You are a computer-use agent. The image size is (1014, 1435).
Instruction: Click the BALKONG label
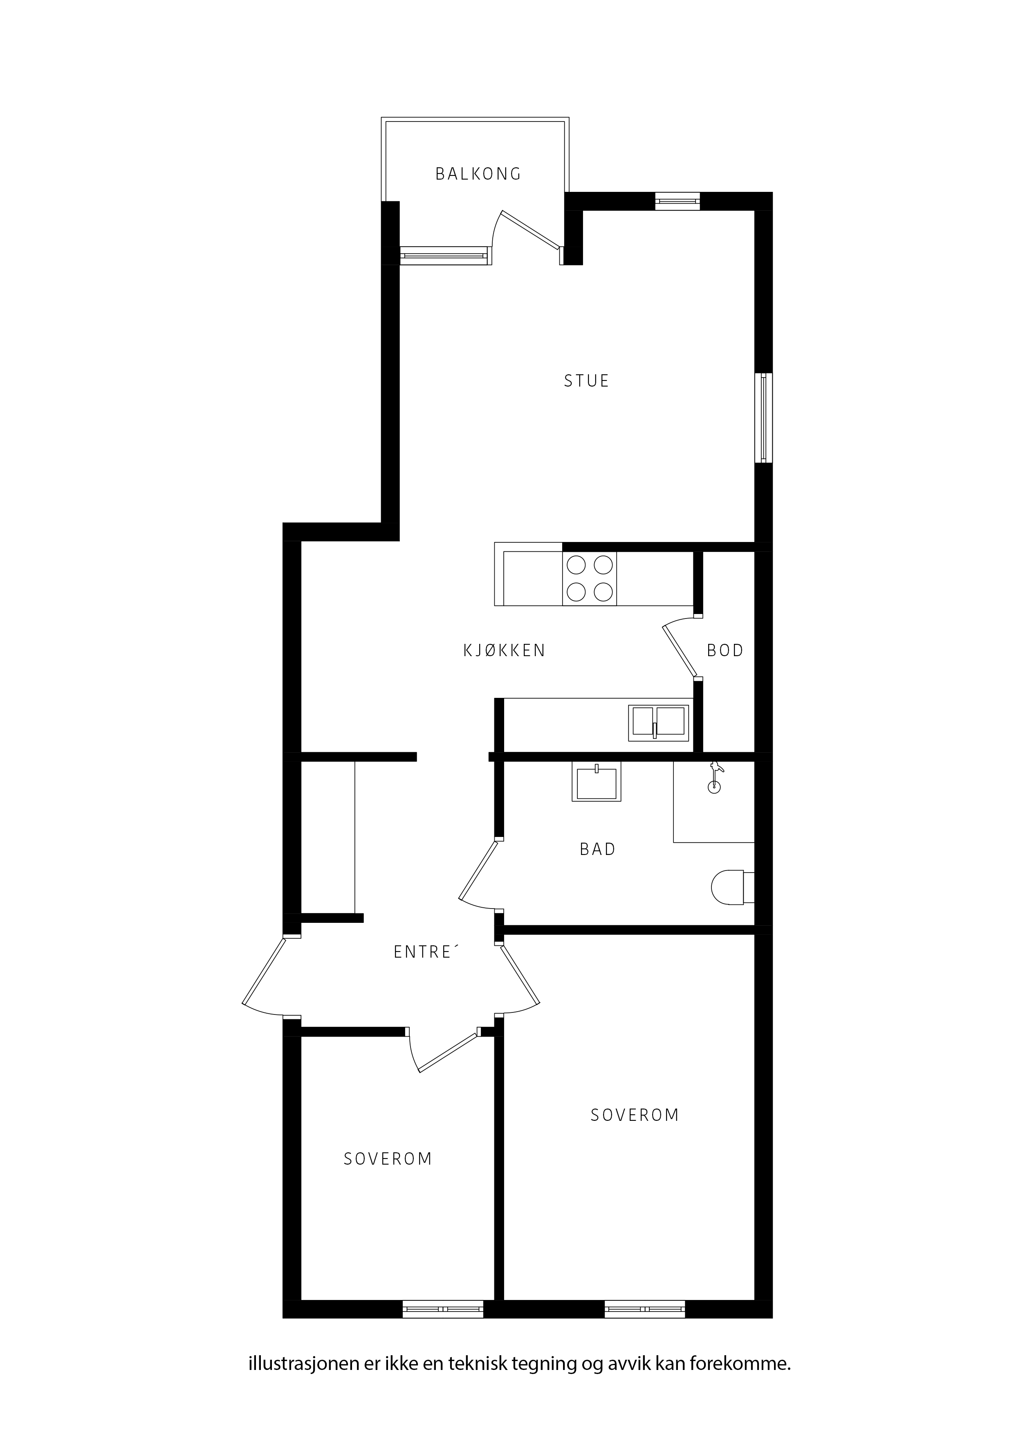[478, 174]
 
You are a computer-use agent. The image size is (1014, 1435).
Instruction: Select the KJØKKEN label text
[504, 651]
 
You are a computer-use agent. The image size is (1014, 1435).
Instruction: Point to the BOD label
[725, 651]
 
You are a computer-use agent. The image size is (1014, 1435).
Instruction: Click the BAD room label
[597, 849]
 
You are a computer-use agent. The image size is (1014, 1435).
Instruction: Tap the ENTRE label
[426, 952]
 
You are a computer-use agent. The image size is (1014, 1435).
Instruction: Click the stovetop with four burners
[589, 579]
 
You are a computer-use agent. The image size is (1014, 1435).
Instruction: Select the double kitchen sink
[659, 723]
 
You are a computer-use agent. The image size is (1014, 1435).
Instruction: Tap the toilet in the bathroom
[733, 888]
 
